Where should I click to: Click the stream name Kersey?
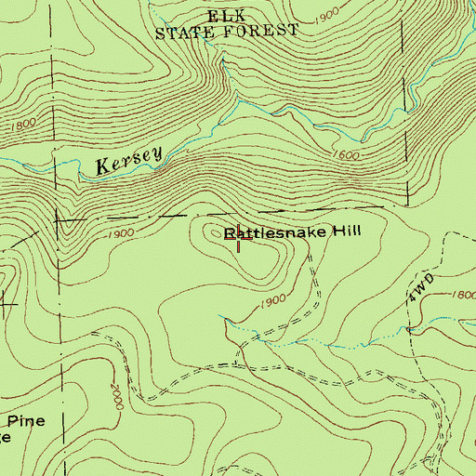click(128, 162)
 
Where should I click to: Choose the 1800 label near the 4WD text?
click(460, 294)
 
